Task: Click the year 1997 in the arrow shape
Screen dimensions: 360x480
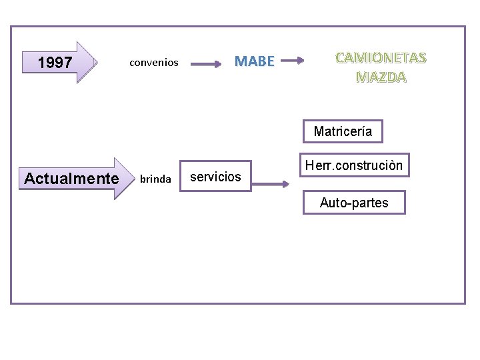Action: tap(55, 63)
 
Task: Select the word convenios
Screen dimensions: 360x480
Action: tap(154, 63)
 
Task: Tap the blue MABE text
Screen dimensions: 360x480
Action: tap(255, 61)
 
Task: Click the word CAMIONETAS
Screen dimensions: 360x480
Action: tap(381, 57)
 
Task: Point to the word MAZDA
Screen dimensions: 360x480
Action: tap(381, 77)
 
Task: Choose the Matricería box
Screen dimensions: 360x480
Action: tap(343, 131)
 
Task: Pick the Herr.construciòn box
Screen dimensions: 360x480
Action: tap(353, 165)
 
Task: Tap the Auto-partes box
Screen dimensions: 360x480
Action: tap(354, 203)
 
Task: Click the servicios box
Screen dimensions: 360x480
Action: tap(216, 177)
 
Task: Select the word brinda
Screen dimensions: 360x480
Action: tap(155, 179)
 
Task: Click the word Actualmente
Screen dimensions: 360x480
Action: tap(71, 179)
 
